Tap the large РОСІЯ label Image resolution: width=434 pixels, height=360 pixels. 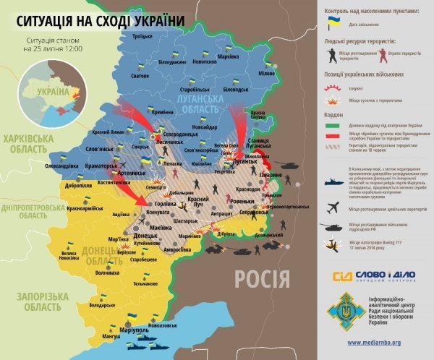click(261, 277)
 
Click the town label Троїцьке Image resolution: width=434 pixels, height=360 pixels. click(143, 35)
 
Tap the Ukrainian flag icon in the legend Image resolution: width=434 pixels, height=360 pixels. click(333, 23)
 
